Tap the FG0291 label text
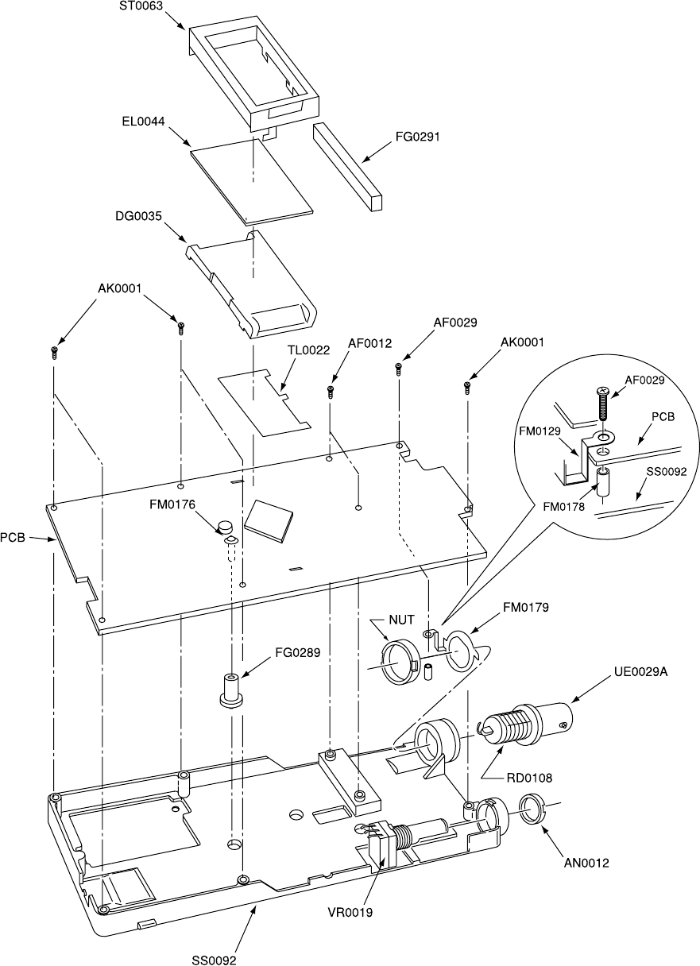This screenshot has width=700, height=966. coord(417,137)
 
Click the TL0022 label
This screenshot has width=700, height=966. coord(308,350)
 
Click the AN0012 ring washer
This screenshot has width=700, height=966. coord(534,809)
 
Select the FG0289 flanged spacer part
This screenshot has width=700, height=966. coord(230,687)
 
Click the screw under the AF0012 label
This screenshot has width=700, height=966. coord(330,391)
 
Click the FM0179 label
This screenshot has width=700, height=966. coord(524,609)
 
